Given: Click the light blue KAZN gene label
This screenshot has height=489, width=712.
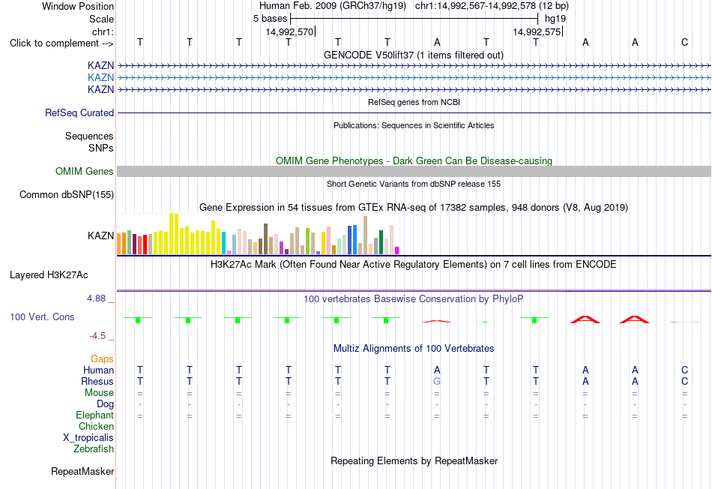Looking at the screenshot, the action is (101, 77).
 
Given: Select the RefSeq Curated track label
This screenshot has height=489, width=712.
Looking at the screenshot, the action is (79, 112).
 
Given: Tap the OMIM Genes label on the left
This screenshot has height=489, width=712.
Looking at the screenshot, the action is (85, 171).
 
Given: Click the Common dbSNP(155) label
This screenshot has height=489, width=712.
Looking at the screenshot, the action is (67, 194).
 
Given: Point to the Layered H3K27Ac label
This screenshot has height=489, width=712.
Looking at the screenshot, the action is (49, 275).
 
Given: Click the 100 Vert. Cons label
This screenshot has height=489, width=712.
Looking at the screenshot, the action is (42, 316).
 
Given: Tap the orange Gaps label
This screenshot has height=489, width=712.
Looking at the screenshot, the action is (102, 359).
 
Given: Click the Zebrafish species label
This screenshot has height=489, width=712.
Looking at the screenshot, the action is (94, 448).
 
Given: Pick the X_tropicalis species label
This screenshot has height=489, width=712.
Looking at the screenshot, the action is (88, 438).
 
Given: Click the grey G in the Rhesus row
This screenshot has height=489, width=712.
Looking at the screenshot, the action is (437, 381).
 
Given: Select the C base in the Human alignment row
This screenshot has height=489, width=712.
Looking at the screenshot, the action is (685, 370).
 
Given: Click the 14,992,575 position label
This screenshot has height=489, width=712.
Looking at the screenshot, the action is (537, 31).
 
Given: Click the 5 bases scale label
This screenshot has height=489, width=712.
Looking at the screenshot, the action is (270, 19).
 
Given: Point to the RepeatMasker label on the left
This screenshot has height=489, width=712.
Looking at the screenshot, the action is (82, 471).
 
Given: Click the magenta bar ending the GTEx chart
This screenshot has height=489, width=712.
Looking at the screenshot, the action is (397, 250).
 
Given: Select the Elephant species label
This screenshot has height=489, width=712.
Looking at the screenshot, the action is (95, 415).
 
